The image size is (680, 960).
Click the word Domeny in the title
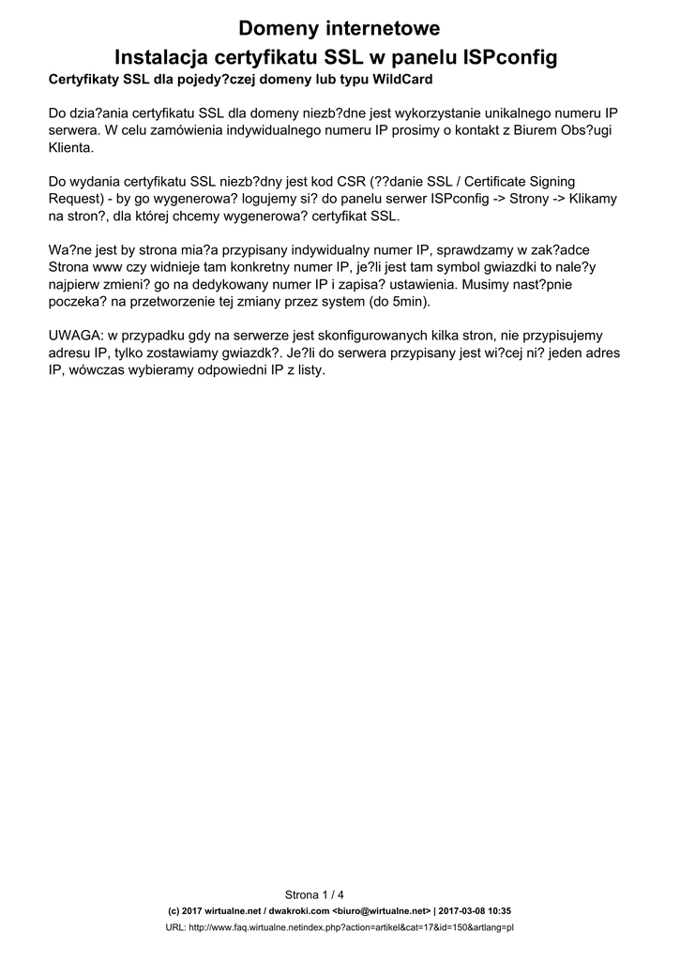point(280,28)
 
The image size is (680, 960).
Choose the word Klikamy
point(590,200)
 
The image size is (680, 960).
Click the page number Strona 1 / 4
point(314,893)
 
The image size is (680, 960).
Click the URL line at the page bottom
point(340,927)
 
